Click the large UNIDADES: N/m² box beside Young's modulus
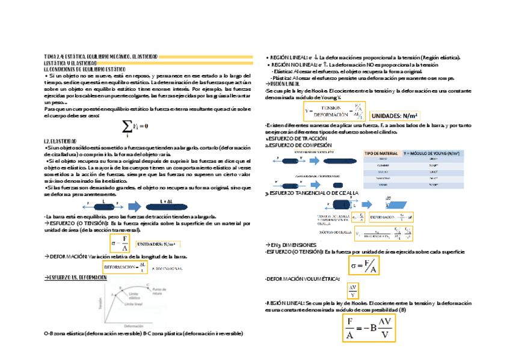(x=395, y=115)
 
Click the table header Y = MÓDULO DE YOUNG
(x=433, y=153)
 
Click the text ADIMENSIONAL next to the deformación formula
(x=167, y=267)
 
